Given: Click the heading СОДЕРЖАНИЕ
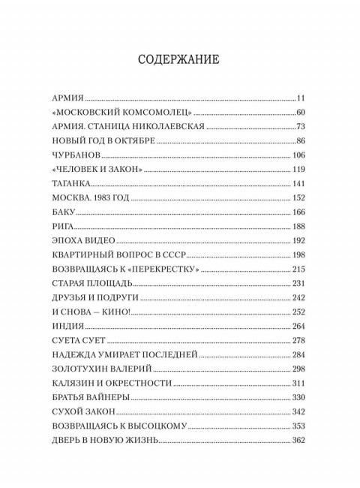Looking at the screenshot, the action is [x=179, y=59].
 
